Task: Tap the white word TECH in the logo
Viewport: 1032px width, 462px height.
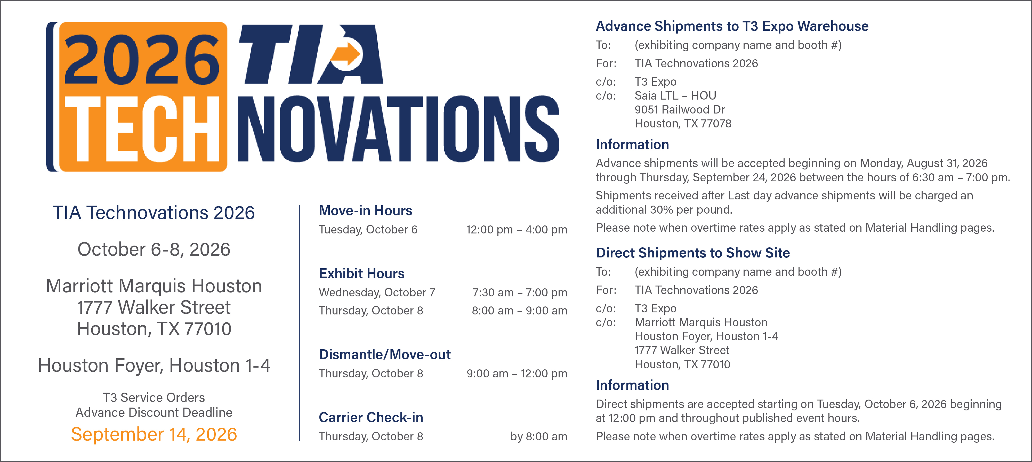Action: [x=142, y=129]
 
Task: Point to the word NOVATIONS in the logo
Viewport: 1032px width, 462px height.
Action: [x=399, y=129]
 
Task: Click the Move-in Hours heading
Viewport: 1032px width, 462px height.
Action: [x=365, y=210]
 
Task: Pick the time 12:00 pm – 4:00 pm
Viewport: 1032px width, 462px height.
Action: [x=517, y=230]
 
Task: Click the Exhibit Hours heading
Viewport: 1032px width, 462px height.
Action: [x=361, y=273]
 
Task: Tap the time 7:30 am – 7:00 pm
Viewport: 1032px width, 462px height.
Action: [x=520, y=293]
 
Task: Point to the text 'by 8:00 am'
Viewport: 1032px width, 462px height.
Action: [x=538, y=436]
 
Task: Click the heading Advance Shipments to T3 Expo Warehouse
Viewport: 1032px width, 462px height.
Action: [x=732, y=26]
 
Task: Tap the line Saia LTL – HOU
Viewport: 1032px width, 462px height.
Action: [x=675, y=95]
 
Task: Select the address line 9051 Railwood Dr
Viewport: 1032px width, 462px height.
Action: [x=680, y=109]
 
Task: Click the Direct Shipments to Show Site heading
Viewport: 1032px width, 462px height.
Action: [x=693, y=253]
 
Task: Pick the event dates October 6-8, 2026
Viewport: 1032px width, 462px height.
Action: [x=154, y=249]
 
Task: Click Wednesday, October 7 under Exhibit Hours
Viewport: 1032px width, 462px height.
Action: [x=377, y=293]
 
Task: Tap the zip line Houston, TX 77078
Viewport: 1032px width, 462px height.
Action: [x=683, y=123]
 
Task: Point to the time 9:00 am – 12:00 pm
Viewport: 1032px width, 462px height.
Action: [x=517, y=374]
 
